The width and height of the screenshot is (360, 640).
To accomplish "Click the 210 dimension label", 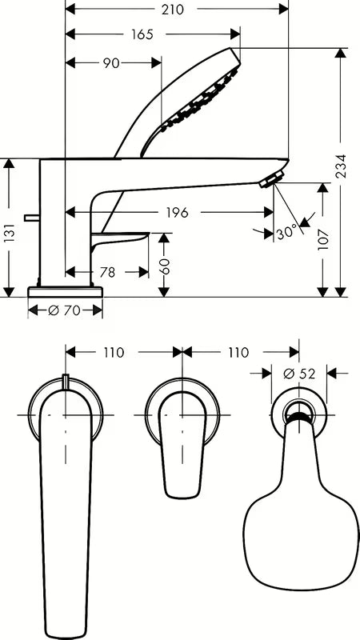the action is [173, 10].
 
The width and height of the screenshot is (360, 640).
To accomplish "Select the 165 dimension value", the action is [142, 34].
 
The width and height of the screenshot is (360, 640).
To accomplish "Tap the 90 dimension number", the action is [111, 63].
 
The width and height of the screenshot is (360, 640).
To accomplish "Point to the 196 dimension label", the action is [177, 212].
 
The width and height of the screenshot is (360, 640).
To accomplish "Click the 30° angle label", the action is [287, 234].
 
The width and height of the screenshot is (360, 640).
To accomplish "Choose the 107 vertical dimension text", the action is [323, 239].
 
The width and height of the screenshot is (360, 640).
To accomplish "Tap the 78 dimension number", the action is [107, 272].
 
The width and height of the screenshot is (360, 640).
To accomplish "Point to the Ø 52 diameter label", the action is [299, 373].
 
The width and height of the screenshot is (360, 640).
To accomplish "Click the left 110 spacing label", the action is [113, 352].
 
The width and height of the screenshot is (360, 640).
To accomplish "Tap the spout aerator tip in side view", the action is [271, 179].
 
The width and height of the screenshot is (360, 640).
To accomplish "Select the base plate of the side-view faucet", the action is [65, 291].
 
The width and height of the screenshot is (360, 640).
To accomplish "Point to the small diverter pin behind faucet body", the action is [32, 218].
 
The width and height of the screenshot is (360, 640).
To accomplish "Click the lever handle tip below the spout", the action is [121, 238].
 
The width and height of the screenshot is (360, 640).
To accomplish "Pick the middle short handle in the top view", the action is [182, 445].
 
